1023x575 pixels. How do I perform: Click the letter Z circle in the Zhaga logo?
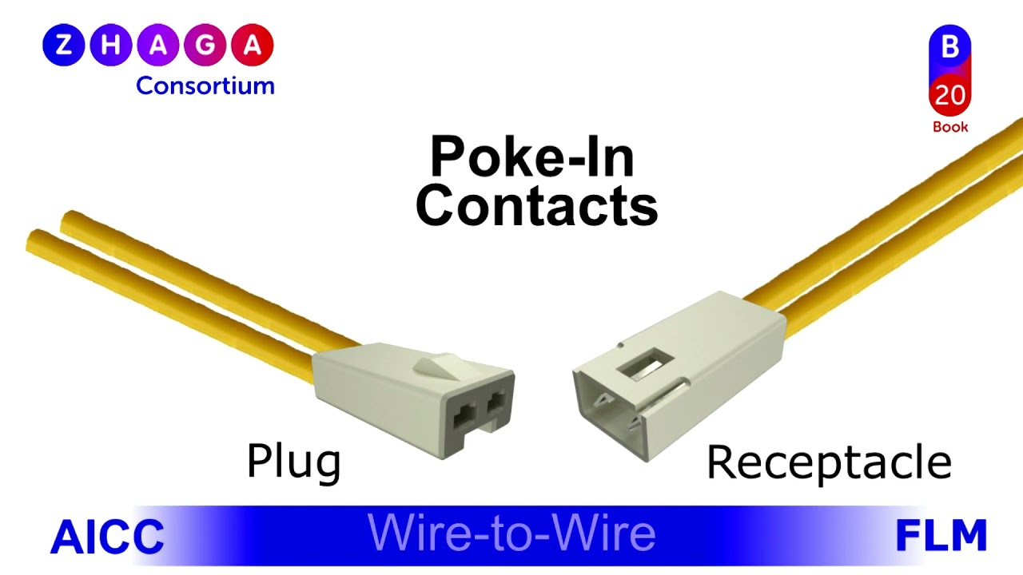tap(63, 46)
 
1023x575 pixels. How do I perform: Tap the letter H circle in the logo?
tap(110, 46)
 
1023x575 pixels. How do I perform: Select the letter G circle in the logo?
tap(205, 46)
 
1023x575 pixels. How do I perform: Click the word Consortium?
tap(205, 85)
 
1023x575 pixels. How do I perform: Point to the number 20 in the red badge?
tap(949, 95)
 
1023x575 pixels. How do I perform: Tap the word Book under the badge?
tap(949, 127)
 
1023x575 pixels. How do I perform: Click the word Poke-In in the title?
tap(532, 157)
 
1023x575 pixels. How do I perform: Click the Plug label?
tap(293, 462)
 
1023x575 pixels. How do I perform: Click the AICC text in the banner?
tap(107, 537)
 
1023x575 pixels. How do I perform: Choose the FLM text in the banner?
tap(941, 536)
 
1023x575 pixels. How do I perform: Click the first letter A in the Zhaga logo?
tap(158, 46)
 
